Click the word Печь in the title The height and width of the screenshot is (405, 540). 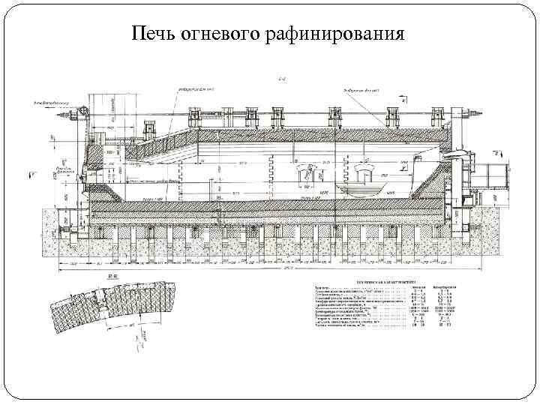pyautogui.click(x=154, y=34)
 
